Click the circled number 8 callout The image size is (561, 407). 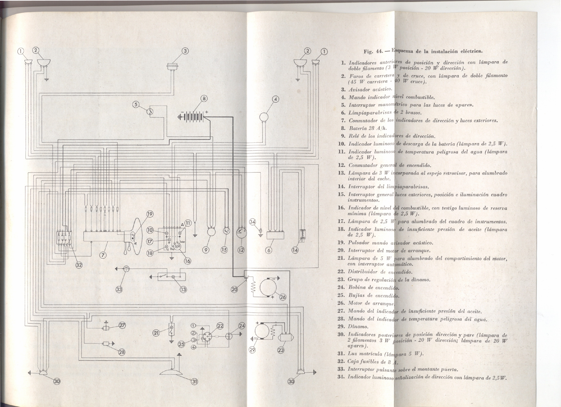[204, 98]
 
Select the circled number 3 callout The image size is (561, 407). [185, 51]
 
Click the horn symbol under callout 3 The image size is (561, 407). [173, 67]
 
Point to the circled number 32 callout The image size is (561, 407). [79, 265]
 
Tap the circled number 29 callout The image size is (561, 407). [252, 350]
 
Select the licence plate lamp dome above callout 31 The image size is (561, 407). [171, 372]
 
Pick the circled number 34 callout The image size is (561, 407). [253, 222]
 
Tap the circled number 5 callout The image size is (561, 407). [136, 104]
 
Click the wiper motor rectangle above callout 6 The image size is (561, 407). [276, 235]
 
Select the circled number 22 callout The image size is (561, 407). [220, 326]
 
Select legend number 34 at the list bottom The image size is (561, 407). [341, 377]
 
